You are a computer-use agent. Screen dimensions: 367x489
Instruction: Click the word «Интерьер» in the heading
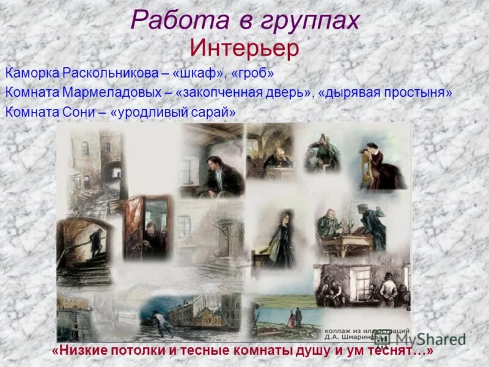click(x=244, y=47)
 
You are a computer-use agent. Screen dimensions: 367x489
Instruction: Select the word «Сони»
click(x=76, y=113)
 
